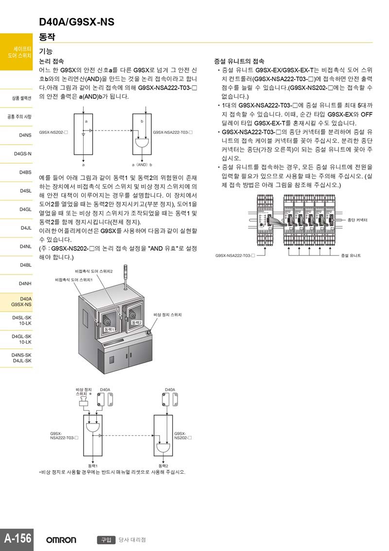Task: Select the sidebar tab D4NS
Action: pyautogui.click(x=25, y=135)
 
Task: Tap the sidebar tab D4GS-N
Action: pyautogui.click(x=23, y=154)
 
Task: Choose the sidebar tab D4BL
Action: pyautogui.click(x=25, y=265)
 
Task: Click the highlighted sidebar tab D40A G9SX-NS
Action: pyautogui.click(x=21, y=302)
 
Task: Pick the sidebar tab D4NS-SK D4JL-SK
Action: pyautogui.click(x=22, y=358)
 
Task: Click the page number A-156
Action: pyautogui.click(x=18, y=538)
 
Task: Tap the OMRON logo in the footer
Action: pyautogui.click(x=61, y=540)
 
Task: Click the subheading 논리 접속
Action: pyautogui.click(x=51, y=61)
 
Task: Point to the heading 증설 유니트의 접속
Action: pyautogui.click(x=239, y=61)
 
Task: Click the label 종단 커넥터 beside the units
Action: pyautogui.click(x=357, y=220)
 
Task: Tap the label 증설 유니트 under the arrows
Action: pyautogui.click(x=351, y=255)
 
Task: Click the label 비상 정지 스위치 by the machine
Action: pyautogui.click(x=167, y=315)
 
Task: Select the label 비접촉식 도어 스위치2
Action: pyautogui.click(x=94, y=271)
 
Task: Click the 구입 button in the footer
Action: pyautogui.click(x=106, y=540)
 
